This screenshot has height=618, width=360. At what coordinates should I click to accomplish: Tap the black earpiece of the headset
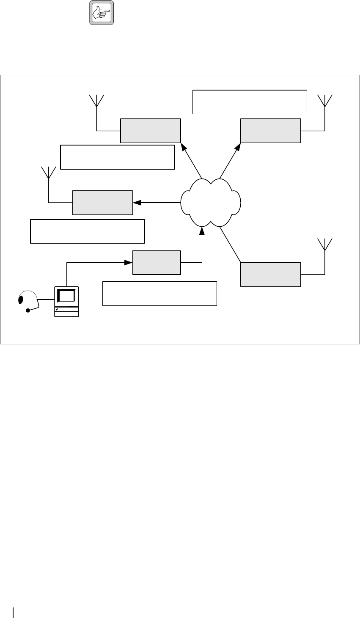coord(20,300)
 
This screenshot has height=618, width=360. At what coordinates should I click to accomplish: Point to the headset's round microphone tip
coord(28,310)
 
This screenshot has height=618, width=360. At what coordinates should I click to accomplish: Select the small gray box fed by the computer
coord(157,263)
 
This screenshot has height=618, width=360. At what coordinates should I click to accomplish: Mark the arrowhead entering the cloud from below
coord(202,230)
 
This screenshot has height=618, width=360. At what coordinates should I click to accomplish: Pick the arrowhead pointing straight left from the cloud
coord(137,203)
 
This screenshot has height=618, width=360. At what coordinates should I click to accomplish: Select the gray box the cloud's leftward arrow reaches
coord(102,203)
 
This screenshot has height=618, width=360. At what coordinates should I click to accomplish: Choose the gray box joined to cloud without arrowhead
coord(271,274)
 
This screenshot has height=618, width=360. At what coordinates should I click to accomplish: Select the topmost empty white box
coord(249,102)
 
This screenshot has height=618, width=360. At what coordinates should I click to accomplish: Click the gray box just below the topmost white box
coord(271,131)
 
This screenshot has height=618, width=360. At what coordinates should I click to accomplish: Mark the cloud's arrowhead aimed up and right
coord(238,147)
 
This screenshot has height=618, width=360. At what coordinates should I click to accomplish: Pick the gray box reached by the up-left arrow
coord(151,131)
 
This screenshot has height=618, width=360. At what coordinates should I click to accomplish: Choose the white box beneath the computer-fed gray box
coord(159,293)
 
